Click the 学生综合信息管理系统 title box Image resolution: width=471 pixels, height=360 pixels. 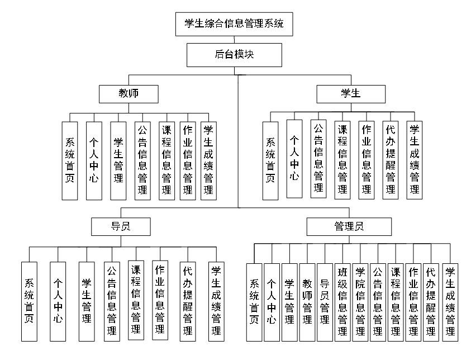234,23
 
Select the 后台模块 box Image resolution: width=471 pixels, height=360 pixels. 234,55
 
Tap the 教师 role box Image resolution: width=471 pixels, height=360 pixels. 128,93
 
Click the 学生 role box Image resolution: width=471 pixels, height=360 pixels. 350,93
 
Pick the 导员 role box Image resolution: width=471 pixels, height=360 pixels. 121,226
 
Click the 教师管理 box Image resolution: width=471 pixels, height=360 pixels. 307,302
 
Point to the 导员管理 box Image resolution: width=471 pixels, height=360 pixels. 324,302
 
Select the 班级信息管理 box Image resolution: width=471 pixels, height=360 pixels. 342,302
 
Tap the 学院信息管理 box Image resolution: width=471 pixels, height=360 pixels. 360,302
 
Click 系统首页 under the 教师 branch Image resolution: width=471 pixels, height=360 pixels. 70,160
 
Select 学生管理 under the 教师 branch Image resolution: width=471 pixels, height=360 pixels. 118,160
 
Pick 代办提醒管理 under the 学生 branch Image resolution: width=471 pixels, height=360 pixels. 391,160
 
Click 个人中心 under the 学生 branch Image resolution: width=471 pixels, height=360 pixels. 294,158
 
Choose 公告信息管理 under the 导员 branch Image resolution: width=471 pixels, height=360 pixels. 112,302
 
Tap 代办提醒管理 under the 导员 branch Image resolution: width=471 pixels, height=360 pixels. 188,302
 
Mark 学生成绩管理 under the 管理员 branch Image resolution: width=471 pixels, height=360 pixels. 450,302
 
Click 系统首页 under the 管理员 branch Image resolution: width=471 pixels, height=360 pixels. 254,302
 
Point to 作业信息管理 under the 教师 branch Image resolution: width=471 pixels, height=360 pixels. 188,160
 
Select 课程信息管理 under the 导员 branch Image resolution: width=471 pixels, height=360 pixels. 136,300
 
